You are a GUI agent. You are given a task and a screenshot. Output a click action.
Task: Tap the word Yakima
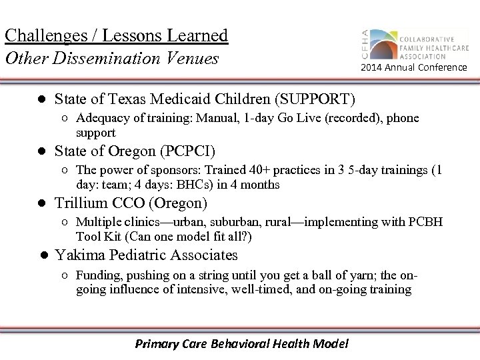pos(79,255)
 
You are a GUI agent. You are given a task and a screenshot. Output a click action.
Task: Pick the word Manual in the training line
pos(214,119)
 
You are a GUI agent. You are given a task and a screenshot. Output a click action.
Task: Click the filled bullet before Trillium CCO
pos(41,201)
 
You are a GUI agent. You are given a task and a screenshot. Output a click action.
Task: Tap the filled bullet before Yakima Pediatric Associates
pos(41,255)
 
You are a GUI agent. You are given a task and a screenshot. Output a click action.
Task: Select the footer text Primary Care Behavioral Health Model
pos(241,344)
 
